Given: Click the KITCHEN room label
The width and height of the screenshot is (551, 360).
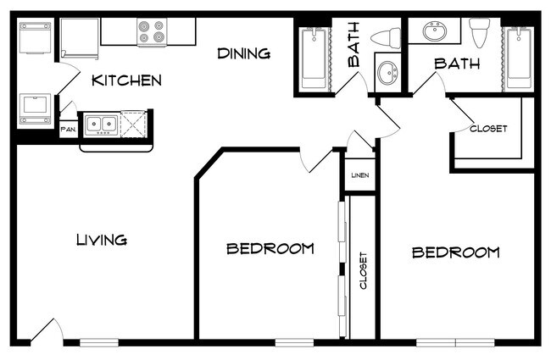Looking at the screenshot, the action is pos(126,80).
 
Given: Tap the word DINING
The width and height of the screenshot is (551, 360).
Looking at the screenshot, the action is pos(244,53).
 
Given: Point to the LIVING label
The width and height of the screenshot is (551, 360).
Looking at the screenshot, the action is pos(102,240).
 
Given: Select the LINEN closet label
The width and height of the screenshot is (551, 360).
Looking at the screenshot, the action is pos(360,174).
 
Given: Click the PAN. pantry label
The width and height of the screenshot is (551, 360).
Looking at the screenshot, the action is pos(69,130).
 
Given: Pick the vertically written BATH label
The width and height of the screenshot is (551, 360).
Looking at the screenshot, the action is pos(353,45).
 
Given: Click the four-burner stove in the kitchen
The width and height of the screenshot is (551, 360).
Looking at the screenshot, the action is pos(152,31).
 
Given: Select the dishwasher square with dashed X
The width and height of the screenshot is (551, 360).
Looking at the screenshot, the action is pos(133,124).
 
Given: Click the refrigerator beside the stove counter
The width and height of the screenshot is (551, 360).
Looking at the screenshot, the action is pos(80,38).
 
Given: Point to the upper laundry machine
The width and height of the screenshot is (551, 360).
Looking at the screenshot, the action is pos(35,37).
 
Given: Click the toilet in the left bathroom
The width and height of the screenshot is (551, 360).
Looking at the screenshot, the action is pos(386,38).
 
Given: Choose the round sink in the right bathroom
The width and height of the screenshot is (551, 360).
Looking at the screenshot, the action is pos(435,31).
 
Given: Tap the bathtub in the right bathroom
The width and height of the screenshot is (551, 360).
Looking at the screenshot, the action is pos(518,58).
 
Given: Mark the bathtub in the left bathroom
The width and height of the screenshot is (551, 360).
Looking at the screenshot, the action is pos(314,58).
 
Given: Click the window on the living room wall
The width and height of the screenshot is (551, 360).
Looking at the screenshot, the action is pos(99,342).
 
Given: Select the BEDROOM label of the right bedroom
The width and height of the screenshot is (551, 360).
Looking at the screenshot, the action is pos(455,252).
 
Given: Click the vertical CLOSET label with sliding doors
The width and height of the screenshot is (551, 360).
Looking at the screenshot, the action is pos(364,270).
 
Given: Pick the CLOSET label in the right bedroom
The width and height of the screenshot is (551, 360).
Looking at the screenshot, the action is pos(488,129).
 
